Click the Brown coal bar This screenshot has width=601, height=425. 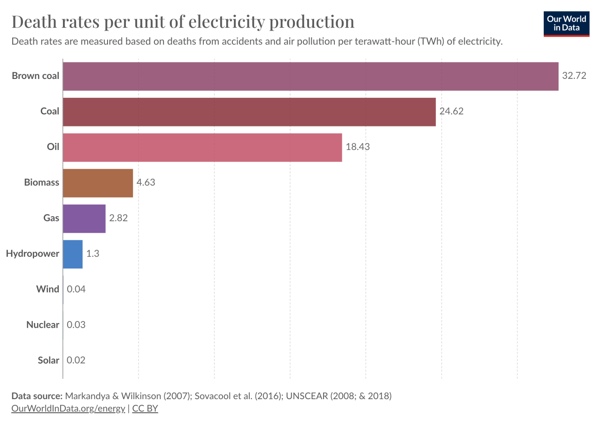(x=310, y=76)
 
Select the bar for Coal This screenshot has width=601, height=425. (x=249, y=112)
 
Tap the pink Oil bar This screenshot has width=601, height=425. (x=202, y=148)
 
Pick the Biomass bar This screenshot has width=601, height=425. (x=98, y=183)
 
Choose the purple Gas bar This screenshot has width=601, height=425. (x=84, y=219)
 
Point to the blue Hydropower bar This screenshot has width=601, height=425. (x=73, y=254)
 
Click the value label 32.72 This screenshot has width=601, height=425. (x=574, y=76)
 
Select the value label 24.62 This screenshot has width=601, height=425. (x=451, y=111)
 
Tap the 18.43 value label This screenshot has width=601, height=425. (x=358, y=147)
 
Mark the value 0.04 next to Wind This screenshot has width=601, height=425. (x=76, y=289)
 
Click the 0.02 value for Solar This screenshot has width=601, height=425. (x=76, y=361)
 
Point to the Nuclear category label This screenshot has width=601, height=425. (x=43, y=325)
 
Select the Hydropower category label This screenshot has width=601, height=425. (x=32, y=254)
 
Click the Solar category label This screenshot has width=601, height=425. (x=48, y=361)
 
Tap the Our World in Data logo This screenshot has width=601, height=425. (x=566, y=24)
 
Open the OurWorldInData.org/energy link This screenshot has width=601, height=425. (x=68, y=409)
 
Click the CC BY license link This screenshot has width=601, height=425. (x=145, y=409)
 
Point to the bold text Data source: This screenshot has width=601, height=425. (x=37, y=396)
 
